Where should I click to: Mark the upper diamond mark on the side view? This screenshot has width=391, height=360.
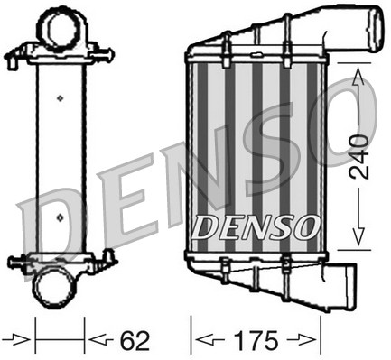click(59, 97)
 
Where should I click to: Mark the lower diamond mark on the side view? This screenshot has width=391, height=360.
click(59, 216)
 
